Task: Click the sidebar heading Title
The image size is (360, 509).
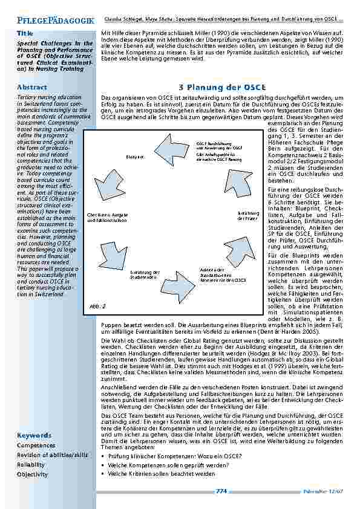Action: coord(25,33)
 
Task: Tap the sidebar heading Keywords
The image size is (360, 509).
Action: coord(34,435)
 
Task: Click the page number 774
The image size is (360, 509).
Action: coord(221,491)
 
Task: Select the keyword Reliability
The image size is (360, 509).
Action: coord(31,464)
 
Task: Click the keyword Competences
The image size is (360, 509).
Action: coord(36,445)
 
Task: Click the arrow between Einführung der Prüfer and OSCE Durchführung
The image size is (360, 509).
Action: coord(240,176)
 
